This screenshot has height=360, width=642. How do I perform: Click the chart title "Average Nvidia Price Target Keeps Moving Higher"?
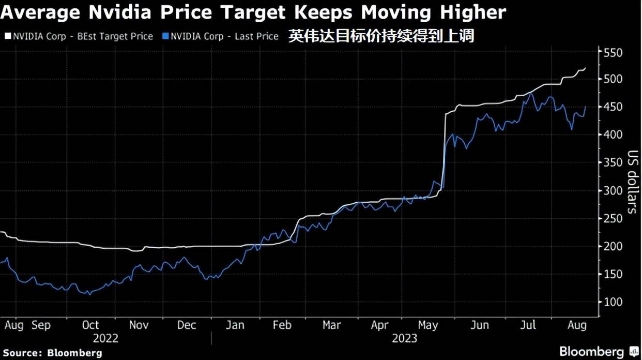(253, 12)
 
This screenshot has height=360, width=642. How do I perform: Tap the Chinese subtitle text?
(381, 36)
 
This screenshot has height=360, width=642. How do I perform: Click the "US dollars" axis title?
(633, 182)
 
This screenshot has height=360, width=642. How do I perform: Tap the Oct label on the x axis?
(90, 325)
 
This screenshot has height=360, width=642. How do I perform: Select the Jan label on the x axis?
(235, 325)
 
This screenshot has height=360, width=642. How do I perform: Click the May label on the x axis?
(427, 325)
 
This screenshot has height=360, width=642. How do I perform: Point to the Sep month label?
(41, 325)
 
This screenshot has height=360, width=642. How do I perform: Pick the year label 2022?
(105, 339)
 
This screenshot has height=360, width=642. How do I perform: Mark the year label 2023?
(404, 339)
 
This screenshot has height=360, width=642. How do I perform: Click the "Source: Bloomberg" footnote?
(52, 353)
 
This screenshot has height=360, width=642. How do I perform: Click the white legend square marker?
(7, 37)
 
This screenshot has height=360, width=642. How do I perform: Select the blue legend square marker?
(165, 37)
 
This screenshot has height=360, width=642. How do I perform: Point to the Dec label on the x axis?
(186, 325)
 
